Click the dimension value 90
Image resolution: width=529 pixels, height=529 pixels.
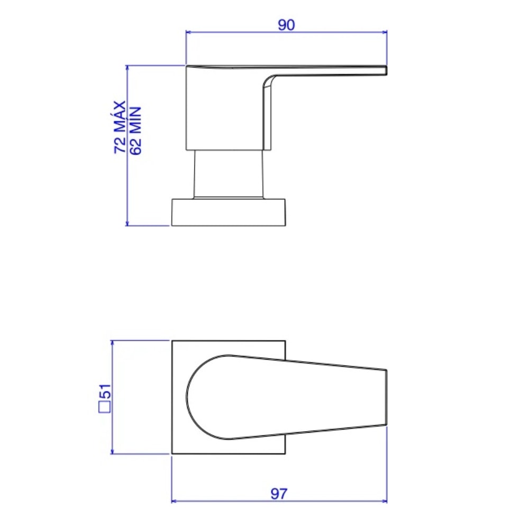[286, 24]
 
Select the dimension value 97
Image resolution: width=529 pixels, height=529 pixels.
[279, 494]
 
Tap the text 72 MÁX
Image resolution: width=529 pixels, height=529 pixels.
[120, 127]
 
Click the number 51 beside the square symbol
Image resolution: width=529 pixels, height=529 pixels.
[105, 392]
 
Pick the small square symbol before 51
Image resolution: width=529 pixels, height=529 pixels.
[105, 407]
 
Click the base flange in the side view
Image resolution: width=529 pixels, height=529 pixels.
[229, 213]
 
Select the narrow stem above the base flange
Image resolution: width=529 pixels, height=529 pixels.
[229, 175]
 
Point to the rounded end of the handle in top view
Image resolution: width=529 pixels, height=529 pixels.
[190, 397]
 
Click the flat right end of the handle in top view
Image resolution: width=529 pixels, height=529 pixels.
[386, 397]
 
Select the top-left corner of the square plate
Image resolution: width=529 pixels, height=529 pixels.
[172, 341]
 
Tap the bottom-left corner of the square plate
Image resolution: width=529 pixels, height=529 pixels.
[172, 453]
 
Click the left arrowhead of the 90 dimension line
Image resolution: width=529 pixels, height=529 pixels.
[188, 32]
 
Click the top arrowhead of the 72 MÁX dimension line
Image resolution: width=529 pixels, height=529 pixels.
[127, 67]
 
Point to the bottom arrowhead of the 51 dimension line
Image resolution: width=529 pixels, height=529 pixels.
[112, 451]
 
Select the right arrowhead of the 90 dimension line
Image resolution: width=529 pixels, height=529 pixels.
[386, 32]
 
